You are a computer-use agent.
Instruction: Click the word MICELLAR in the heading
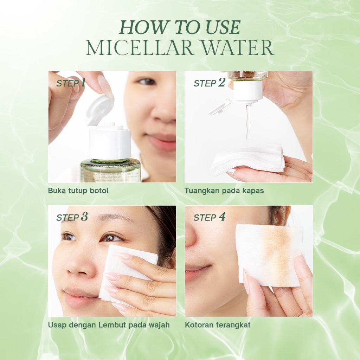click(140, 47)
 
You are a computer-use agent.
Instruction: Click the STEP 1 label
click(71, 83)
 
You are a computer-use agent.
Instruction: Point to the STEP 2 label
click(210, 83)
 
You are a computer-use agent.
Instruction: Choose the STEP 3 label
click(72, 217)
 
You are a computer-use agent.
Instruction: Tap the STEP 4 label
click(210, 217)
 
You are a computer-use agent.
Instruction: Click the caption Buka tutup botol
click(78, 191)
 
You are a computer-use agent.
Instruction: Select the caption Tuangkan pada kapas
click(224, 191)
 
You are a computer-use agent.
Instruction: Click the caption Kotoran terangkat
click(218, 325)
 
